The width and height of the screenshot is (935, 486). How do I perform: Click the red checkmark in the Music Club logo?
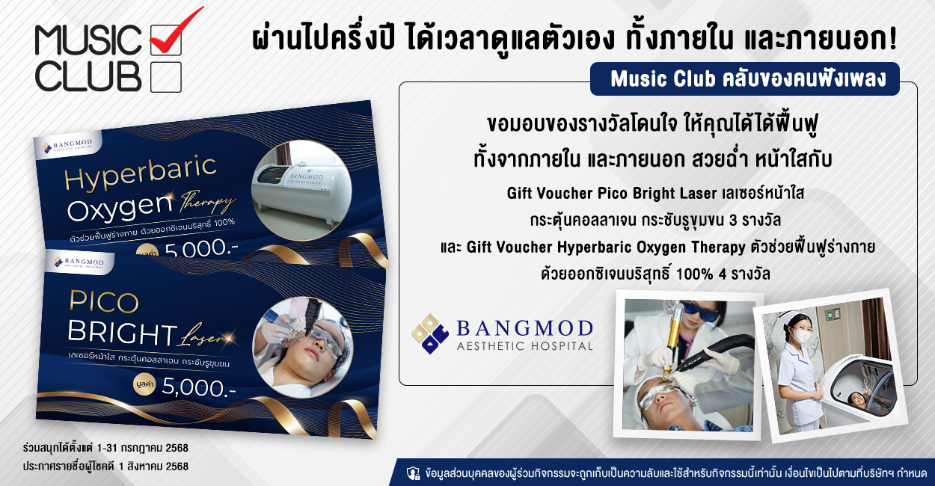point(174,34)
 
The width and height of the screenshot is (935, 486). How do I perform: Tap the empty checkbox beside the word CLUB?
point(166,77)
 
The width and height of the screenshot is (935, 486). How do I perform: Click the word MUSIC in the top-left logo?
point(88,40)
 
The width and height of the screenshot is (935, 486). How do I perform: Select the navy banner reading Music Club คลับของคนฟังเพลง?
point(745,79)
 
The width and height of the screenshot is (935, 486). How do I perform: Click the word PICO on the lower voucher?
point(104,301)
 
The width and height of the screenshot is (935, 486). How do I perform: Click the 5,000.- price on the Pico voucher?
point(199,387)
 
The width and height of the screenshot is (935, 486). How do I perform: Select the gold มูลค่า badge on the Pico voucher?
point(144,384)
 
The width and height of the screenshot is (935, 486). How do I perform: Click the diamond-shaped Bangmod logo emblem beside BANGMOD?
point(430,334)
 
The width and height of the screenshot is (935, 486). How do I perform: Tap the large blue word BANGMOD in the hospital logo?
point(524,329)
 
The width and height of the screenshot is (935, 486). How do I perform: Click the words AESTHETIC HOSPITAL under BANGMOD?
point(524,346)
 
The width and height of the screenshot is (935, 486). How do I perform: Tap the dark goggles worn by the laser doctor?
point(700,312)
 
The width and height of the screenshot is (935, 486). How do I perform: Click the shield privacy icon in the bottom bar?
point(413,473)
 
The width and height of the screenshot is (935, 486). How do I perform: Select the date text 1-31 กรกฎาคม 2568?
point(142,448)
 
